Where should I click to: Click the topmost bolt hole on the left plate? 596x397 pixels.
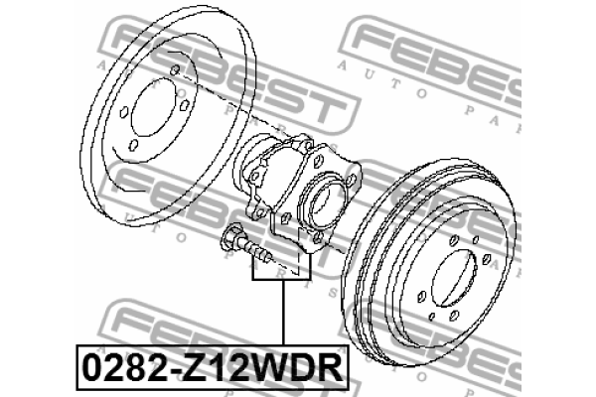pyautogui.click(x=174, y=69)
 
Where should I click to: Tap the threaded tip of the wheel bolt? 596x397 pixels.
pyautogui.click(x=266, y=256)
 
